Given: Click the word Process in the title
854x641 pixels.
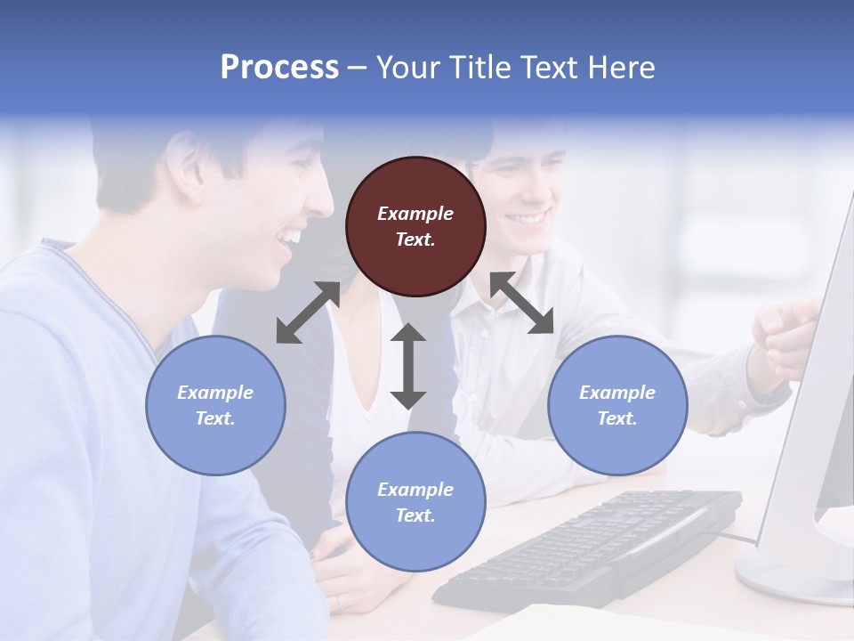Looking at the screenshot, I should (279, 68).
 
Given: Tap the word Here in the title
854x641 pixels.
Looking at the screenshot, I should (622, 68).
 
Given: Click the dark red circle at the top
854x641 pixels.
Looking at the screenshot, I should (415, 226).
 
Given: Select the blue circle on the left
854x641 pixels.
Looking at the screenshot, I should (215, 405).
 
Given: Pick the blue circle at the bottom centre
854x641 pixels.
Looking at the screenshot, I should (415, 502).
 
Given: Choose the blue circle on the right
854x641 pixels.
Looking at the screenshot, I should (617, 405).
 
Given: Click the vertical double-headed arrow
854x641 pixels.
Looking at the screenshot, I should (408, 366).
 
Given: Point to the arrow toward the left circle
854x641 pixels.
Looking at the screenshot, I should (308, 312).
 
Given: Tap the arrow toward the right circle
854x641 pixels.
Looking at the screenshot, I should (522, 303).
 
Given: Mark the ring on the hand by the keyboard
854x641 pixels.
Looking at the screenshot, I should (338, 602).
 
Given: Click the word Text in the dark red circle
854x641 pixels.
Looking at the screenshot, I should (415, 239).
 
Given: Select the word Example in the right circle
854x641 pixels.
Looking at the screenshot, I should (617, 392).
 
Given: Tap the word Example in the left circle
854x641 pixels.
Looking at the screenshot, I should (215, 392).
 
